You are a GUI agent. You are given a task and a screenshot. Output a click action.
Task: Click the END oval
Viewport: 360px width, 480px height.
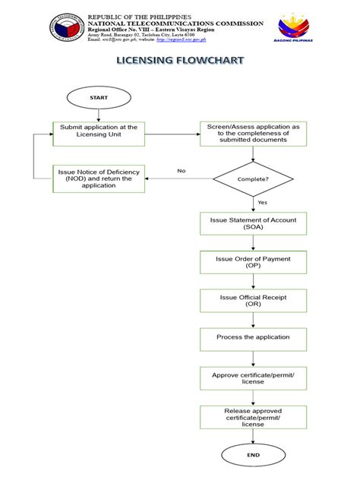(x=253, y=455)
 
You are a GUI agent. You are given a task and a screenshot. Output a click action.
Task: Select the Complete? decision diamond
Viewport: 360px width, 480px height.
(x=253, y=179)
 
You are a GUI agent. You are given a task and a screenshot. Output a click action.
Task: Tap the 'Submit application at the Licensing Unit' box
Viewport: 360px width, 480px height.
(x=99, y=131)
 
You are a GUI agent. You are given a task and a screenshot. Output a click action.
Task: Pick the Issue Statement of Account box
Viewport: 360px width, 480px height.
(x=253, y=224)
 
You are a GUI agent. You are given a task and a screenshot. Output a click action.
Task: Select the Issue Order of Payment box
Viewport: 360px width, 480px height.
(x=253, y=263)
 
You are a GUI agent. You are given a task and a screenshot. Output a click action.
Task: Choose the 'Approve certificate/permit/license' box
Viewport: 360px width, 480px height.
(x=253, y=377)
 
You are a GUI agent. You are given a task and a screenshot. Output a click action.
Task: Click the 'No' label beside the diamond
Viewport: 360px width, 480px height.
(x=182, y=171)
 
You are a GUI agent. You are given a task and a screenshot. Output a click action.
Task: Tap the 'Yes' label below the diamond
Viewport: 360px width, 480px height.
(x=262, y=203)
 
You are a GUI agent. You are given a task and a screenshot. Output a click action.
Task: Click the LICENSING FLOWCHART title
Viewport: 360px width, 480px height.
(x=179, y=60)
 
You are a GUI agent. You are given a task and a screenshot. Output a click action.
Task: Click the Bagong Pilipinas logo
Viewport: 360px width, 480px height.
(x=295, y=29)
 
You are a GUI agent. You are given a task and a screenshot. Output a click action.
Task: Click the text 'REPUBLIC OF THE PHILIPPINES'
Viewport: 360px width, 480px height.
(x=139, y=15)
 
